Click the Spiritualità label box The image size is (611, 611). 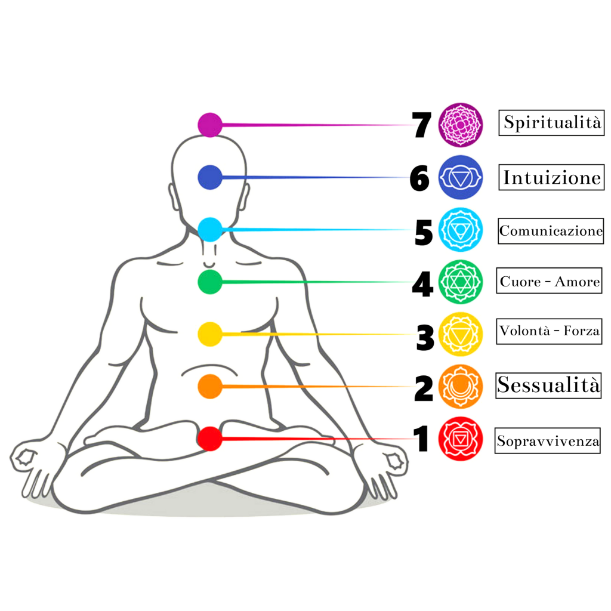point(551,123)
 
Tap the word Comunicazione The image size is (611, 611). point(551,231)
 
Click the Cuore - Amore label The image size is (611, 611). point(550,282)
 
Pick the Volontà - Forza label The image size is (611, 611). point(550,331)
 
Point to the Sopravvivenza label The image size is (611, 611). point(548,442)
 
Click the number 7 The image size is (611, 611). point(422,126)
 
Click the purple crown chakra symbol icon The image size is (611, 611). point(460,125)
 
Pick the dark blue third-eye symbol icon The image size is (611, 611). point(460,177)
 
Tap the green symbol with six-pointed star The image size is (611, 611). point(460,282)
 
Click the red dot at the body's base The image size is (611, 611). point(209,439)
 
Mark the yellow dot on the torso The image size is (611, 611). point(209,334)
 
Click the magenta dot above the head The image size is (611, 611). point(209,125)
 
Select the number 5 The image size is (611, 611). point(423,232)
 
